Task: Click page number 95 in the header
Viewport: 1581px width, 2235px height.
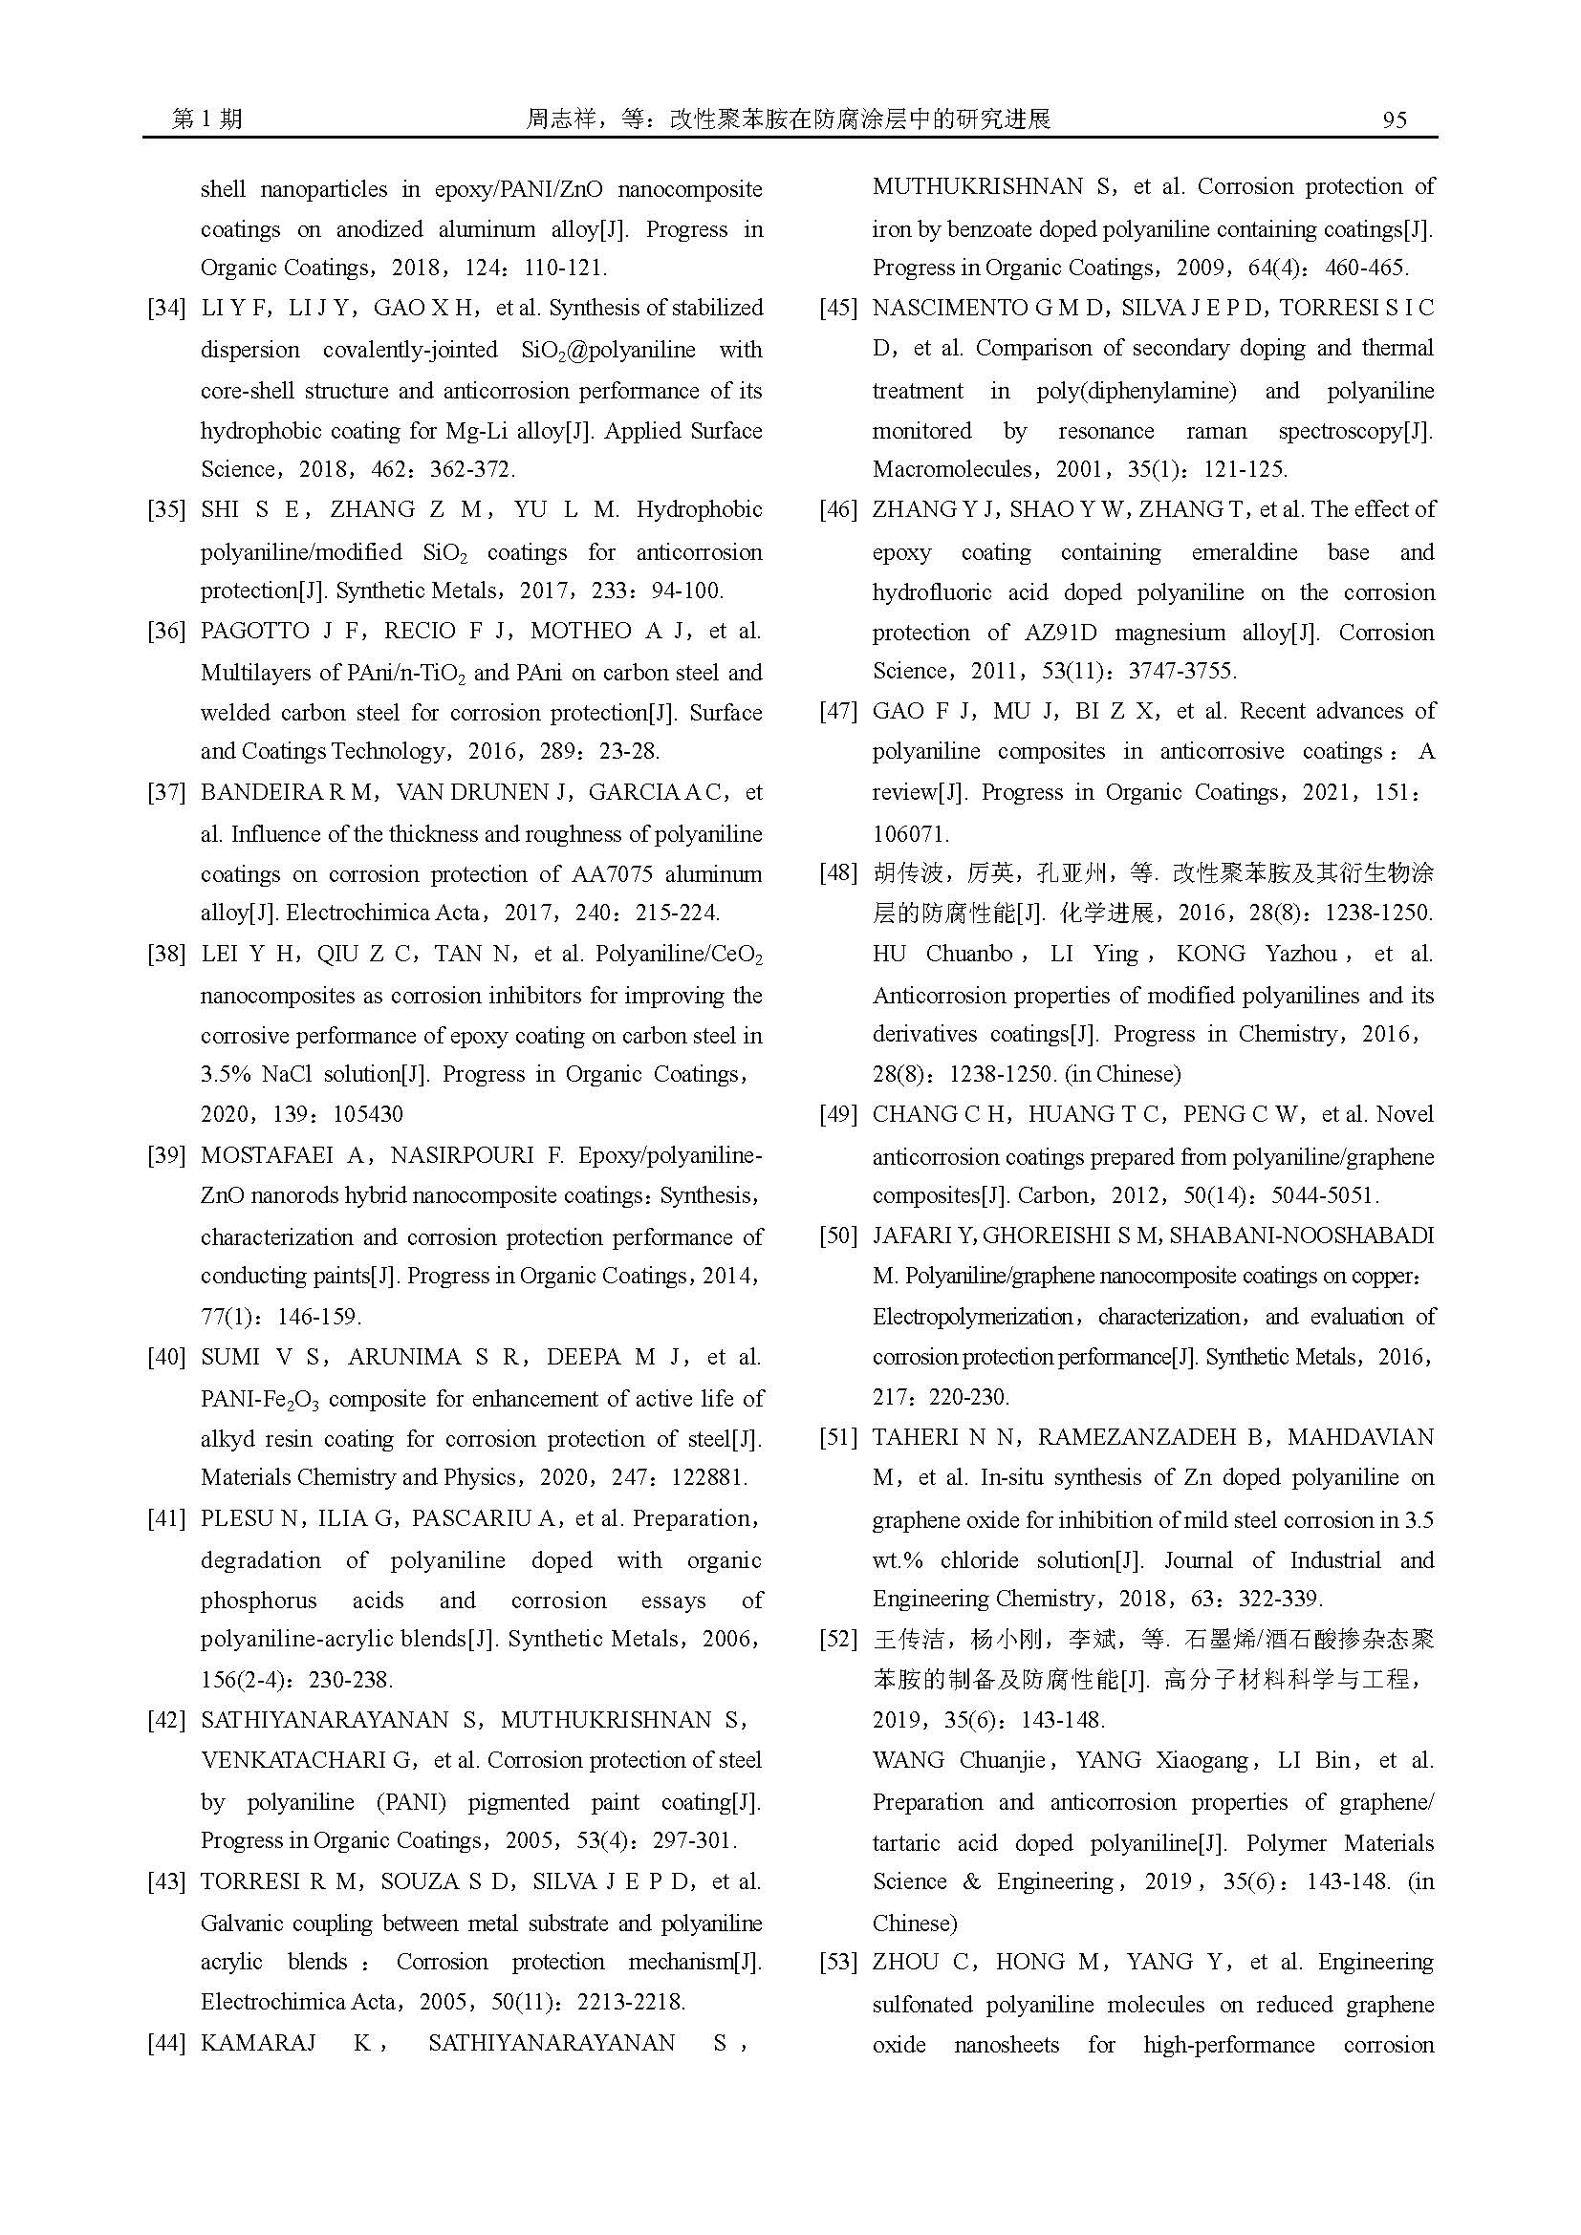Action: click(x=1394, y=119)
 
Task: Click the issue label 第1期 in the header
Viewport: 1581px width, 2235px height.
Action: click(x=207, y=119)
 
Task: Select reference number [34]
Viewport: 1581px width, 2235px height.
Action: click(x=165, y=309)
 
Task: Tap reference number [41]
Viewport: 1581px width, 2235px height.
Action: click(x=165, y=1518)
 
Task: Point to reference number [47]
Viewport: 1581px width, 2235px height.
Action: click(x=837, y=712)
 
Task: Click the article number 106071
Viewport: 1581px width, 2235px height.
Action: click(x=910, y=834)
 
